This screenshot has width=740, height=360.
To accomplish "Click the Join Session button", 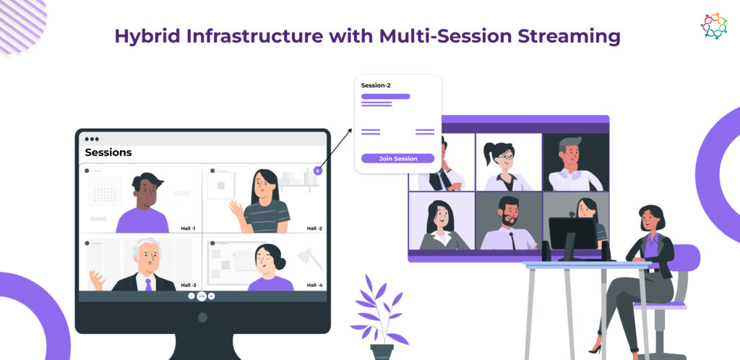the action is pyautogui.click(x=398, y=158).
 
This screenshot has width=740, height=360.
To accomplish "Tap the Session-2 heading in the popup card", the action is pyautogui.click(x=376, y=85).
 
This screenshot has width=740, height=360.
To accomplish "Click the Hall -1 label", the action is pyautogui.click(x=188, y=228).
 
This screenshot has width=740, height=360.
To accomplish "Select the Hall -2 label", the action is pyautogui.click(x=314, y=228).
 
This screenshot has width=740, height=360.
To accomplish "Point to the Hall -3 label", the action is pyautogui.click(x=189, y=285).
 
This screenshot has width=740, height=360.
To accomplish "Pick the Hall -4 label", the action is pyautogui.click(x=314, y=285).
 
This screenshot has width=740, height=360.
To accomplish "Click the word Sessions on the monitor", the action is pyautogui.click(x=108, y=153).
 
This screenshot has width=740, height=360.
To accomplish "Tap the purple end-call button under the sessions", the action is pyautogui.click(x=202, y=296).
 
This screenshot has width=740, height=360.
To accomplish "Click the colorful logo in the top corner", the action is pyautogui.click(x=713, y=25).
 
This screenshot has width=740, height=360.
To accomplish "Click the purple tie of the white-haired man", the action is pyautogui.click(x=149, y=285).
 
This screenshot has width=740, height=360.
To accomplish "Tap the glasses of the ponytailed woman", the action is pyautogui.click(x=505, y=156).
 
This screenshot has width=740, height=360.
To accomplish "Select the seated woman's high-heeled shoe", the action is pyautogui.click(x=595, y=350).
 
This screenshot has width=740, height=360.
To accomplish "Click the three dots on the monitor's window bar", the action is pyautogui.click(x=92, y=140).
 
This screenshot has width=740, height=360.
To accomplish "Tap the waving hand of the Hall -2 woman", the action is pyautogui.click(x=236, y=208).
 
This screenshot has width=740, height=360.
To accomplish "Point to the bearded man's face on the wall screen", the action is pyautogui.click(x=508, y=212).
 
